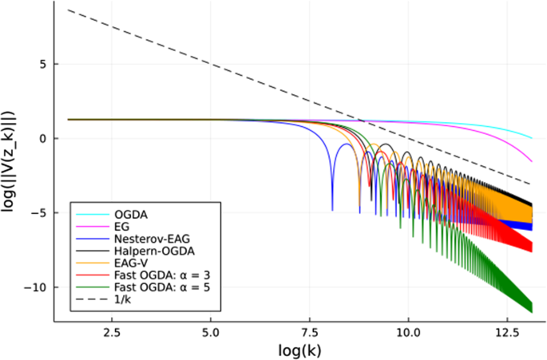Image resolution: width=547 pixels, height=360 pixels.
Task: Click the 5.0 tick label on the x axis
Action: [x=211, y=331]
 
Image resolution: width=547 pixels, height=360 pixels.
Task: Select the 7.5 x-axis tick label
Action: [x=310, y=331]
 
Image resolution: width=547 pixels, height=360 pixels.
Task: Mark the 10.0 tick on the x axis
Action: [x=409, y=331]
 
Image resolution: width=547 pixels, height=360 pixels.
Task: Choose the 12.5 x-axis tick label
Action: [x=508, y=331]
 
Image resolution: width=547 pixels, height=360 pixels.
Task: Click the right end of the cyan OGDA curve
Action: [x=531, y=137]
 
